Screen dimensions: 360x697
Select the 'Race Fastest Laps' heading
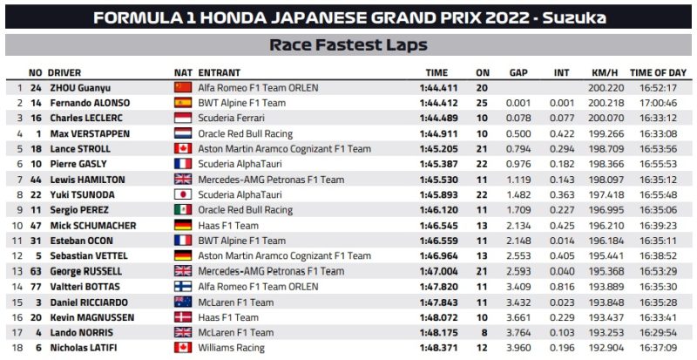click(348, 44)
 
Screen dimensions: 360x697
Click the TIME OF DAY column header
click(658, 72)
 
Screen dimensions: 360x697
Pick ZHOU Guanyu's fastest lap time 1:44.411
click(436, 88)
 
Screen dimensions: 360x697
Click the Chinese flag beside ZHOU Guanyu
click(183, 88)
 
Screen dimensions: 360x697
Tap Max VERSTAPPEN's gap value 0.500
click(520, 133)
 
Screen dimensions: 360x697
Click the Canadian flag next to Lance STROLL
click(183, 149)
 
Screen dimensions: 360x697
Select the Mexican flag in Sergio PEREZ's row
click(183, 210)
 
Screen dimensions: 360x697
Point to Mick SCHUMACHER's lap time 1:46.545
click(436, 225)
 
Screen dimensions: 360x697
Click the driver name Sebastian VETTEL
click(88, 255)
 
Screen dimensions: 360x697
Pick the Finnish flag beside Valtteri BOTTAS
click(183, 286)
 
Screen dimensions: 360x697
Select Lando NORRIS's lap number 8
click(483, 331)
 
